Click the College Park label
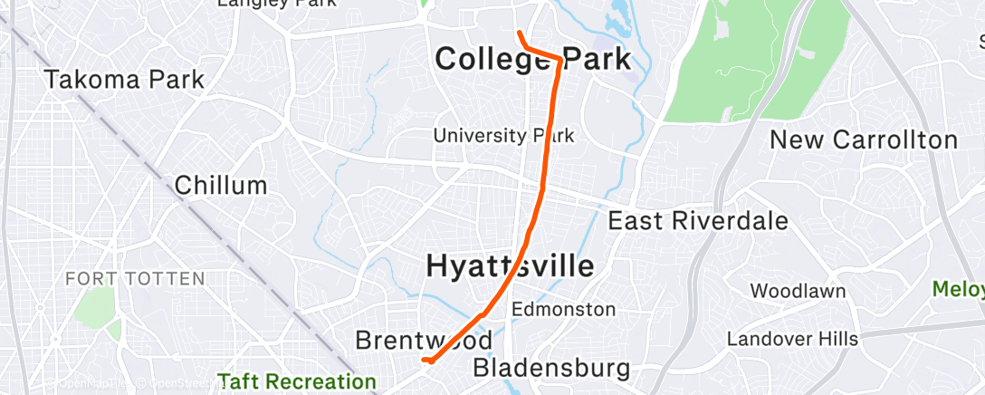click(x=532, y=60)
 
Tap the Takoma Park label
click(x=125, y=79)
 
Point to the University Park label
click(x=503, y=136)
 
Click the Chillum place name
click(x=221, y=187)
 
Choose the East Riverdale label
click(x=698, y=220)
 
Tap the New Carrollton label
click(x=864, y=140)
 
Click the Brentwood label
click(x=424, y=340)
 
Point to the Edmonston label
click(x=564, y=309)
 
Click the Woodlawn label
click(x=799, y=291)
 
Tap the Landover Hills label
click(x=792, y=339)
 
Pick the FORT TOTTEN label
click(x=135, y=279)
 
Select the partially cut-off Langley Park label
click(x=276, y=4)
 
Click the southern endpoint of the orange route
click(x=426, y=361)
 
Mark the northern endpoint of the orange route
click(x=519, y=34)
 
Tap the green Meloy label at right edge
click(x=960, y=289)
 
